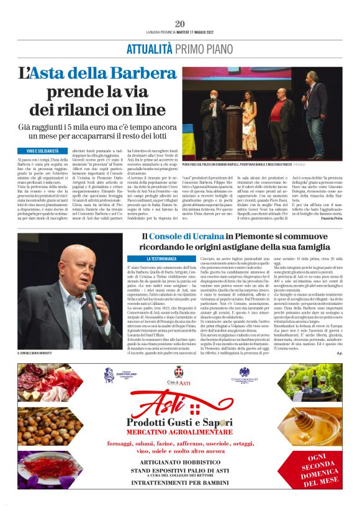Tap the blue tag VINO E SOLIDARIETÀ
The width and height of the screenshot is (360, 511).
43,151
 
